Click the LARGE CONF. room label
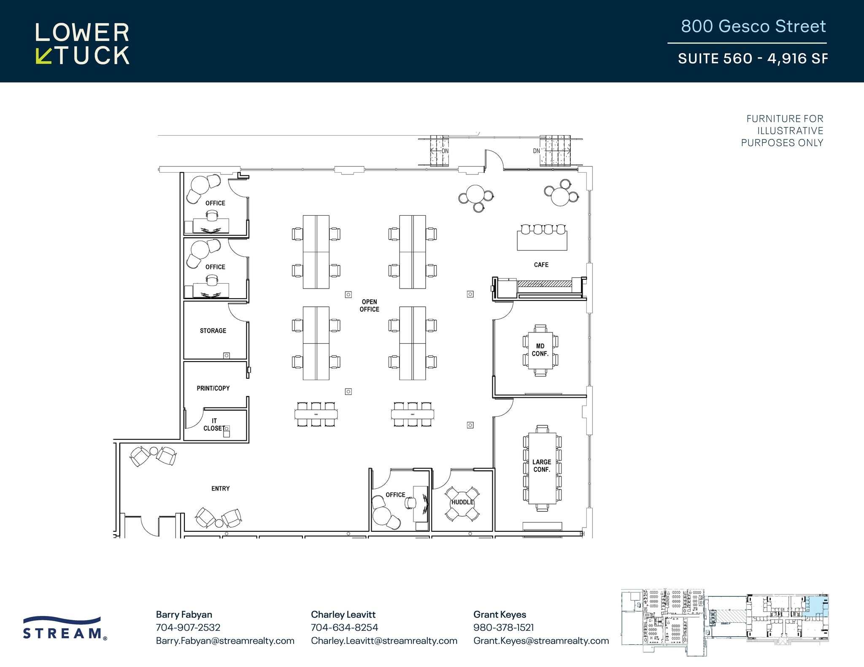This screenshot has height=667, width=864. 542,466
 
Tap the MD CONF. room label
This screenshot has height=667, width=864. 540,350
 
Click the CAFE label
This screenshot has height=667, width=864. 541,265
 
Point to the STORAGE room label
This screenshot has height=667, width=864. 213,331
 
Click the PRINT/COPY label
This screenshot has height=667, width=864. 213,388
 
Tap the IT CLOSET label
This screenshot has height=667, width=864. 214,425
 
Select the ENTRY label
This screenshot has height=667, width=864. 220,488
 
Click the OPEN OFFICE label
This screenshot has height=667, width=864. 369,305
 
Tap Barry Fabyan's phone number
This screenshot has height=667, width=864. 188,627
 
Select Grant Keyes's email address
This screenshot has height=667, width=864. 541,640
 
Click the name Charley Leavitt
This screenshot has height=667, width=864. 343,614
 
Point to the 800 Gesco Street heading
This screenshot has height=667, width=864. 753,26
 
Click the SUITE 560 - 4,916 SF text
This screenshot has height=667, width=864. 753,58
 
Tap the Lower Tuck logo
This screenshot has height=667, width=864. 82,44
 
